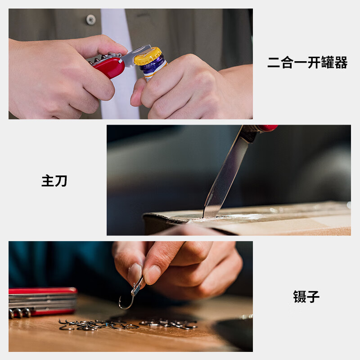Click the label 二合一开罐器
click(307, 63)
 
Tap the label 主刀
click(54, 181)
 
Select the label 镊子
click(306, 297)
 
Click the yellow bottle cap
click(147, 56)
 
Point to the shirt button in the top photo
click(91, 19)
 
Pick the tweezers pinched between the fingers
click(138, 286)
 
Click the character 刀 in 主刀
click(61, 181)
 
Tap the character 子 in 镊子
click(313, 297)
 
